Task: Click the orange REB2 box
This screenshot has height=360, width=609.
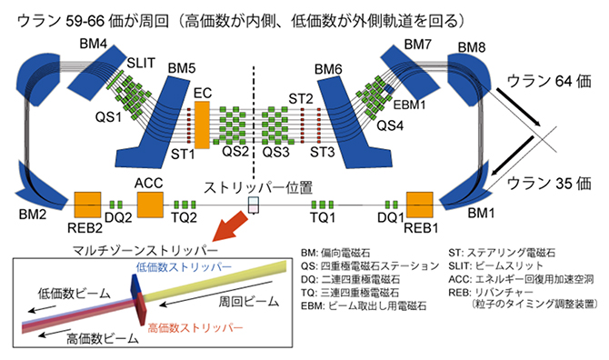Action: tap(87, 205)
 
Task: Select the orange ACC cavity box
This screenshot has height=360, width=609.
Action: tap(148, 205)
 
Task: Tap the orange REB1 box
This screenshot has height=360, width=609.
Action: tap(422, 205)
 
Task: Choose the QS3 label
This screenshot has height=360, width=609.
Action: tap(276, 153)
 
